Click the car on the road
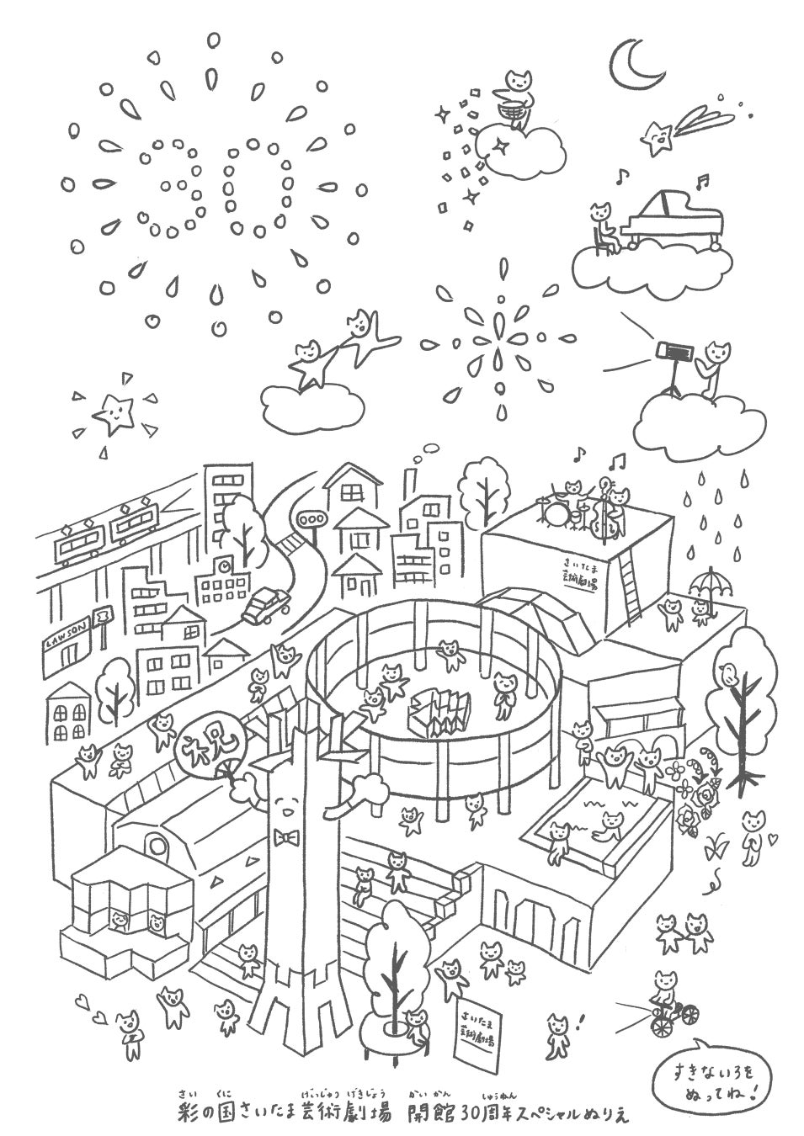click(x=264, y=604)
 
